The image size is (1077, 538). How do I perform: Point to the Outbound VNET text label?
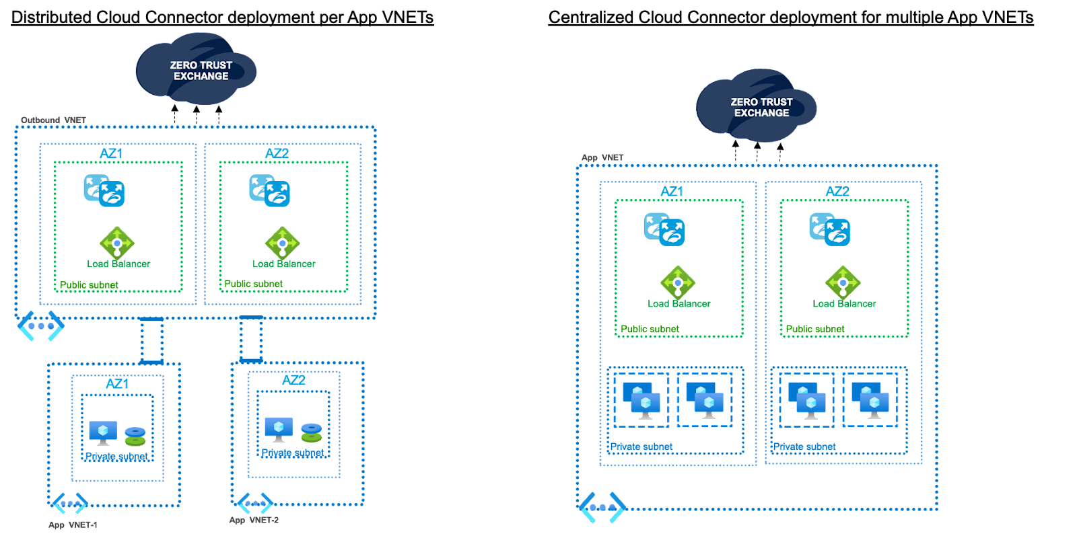(54, 120)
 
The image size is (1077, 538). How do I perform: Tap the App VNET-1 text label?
(73, 525)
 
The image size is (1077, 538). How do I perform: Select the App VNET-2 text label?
(254, 520)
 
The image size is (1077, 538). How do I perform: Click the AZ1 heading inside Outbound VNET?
(112, 154)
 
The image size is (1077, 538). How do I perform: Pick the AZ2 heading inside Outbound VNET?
(277, 154)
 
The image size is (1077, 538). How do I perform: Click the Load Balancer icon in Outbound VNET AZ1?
(117, 243)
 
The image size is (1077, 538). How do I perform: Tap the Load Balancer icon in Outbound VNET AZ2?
(283, 243)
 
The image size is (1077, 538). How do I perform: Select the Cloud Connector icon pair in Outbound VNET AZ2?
(269, 190)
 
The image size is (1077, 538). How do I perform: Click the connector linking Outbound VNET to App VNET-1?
(151, 340)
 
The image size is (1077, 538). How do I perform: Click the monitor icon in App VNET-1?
(103, 432)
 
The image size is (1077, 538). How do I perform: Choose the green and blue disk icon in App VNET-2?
(311, 432)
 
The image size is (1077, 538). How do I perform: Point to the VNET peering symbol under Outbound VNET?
(40, 326)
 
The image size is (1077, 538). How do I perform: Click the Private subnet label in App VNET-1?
(116, 457)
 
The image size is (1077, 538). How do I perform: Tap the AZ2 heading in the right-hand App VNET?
(837, 192)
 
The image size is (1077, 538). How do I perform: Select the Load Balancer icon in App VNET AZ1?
(678, 282)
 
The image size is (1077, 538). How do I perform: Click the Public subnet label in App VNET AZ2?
(815, 330)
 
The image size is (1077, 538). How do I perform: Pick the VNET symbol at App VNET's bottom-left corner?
(602, 508)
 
